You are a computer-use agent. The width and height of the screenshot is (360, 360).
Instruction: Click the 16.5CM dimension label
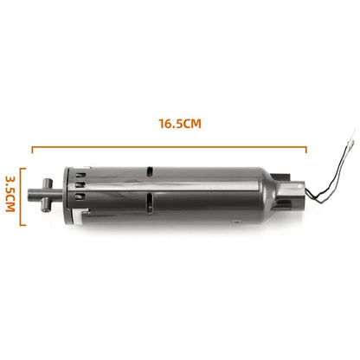coord(179,123)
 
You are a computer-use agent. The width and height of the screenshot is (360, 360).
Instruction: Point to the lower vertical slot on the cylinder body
coord(149,204)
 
